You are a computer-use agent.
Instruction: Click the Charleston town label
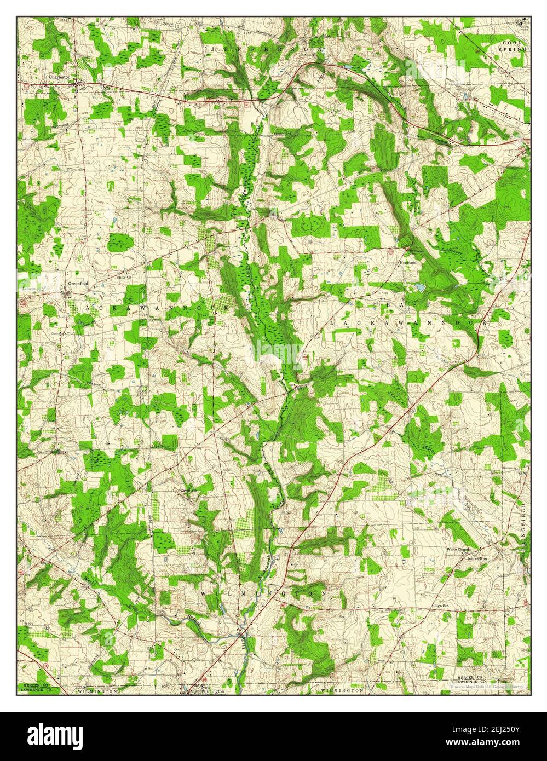point(59,77)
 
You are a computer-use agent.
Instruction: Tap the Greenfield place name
point(78,284)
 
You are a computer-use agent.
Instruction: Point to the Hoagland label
point(408,263)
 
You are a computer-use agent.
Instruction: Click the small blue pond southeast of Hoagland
point(420,286)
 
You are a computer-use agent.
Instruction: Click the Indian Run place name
point(476,558)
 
